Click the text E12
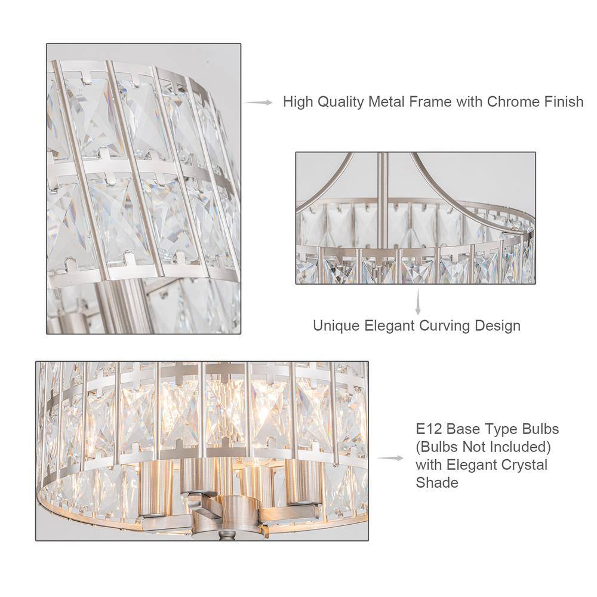tap(428, 429)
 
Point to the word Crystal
tap(523, 464)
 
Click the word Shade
tap(436, 482)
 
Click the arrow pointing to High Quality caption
tap(260, 103)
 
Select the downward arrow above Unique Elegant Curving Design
tap(418, 303)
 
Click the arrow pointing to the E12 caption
tap(390, 458)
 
